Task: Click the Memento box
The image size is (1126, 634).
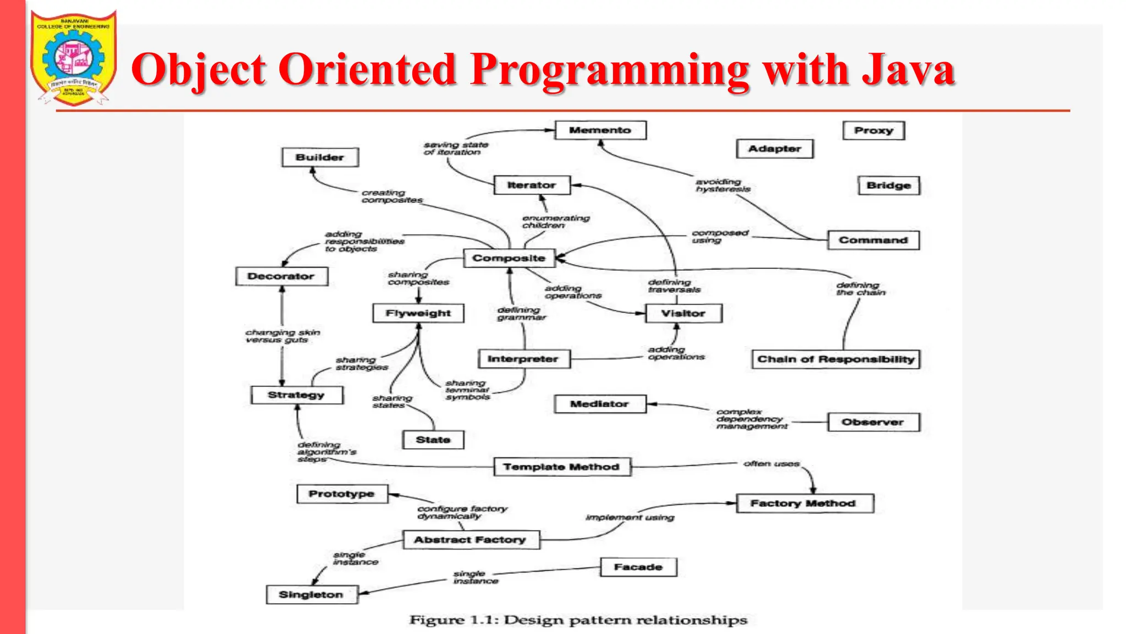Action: (600, 130)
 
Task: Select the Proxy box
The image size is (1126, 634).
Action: (873, 130)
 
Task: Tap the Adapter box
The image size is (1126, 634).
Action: (774, 149)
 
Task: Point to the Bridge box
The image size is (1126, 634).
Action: (888, 185)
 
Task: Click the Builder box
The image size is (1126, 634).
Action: (319, 157)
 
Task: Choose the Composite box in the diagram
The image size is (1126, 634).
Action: (509, 258)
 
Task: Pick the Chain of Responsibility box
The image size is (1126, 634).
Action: (835, 359)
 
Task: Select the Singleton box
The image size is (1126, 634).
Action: (311, 594)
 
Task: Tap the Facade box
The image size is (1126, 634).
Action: (638, 567)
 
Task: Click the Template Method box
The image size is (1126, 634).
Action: (561, 467)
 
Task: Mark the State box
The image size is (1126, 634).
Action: (433, 440)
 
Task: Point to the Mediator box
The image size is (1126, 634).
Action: (599, 404)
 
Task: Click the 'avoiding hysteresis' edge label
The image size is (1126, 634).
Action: (722, 185)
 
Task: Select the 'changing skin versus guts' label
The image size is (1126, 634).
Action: (283, 336)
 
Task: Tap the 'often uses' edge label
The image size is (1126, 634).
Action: (771, 464)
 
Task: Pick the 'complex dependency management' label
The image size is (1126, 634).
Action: (751, 419)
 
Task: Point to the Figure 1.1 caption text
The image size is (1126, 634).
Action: (578, 620)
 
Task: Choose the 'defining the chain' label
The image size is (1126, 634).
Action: (860, 289)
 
